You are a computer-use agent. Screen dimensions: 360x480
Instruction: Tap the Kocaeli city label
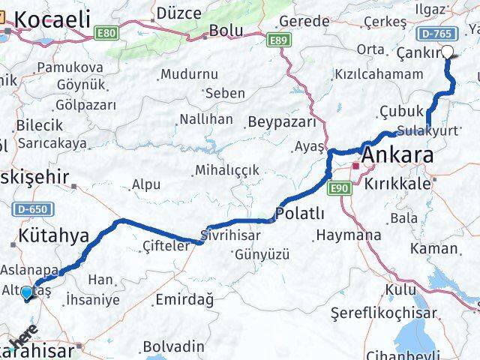(x=51, y=19)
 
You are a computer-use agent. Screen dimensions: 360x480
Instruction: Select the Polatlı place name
(x=300, y=214)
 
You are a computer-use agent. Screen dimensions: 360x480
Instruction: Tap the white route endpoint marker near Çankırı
(x=448, y=52)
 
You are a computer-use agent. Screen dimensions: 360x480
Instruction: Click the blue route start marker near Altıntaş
(x=27, y=293)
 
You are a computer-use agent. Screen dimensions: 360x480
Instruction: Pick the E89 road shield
(x=277, y=40)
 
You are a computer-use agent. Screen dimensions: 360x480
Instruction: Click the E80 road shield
(x=106, y=33)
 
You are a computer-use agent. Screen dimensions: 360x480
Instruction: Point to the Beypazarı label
(x=278, y=121)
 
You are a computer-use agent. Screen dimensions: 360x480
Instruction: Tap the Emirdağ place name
(x=184, y=300)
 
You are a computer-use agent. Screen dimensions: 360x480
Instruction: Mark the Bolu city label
(x=226, y=31)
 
